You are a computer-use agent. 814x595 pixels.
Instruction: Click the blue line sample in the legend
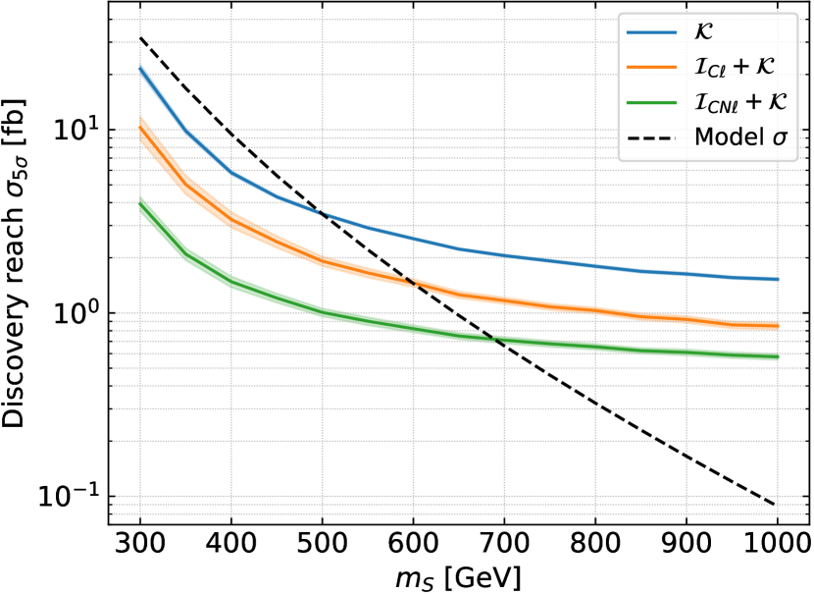coord(652,32)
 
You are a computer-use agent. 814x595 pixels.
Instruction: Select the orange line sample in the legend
coord(652,67)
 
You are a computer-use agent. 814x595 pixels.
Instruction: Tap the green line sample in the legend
coord(652,102)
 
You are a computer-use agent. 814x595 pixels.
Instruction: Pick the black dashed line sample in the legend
coord(652,137)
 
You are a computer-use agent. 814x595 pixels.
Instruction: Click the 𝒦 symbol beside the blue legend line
coord(703,32)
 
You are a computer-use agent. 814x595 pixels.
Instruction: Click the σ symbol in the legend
coord(780,138)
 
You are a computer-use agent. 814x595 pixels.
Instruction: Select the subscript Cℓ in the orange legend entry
coord(715,71)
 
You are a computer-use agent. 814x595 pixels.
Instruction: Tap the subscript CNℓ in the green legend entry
coord(720,106)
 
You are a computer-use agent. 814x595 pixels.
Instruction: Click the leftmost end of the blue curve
coord(141,69)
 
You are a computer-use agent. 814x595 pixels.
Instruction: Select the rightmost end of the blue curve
coord(777,279)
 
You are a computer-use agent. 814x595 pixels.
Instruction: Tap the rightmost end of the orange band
coord(777,325)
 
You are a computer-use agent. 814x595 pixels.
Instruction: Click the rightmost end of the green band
coord(777,356)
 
